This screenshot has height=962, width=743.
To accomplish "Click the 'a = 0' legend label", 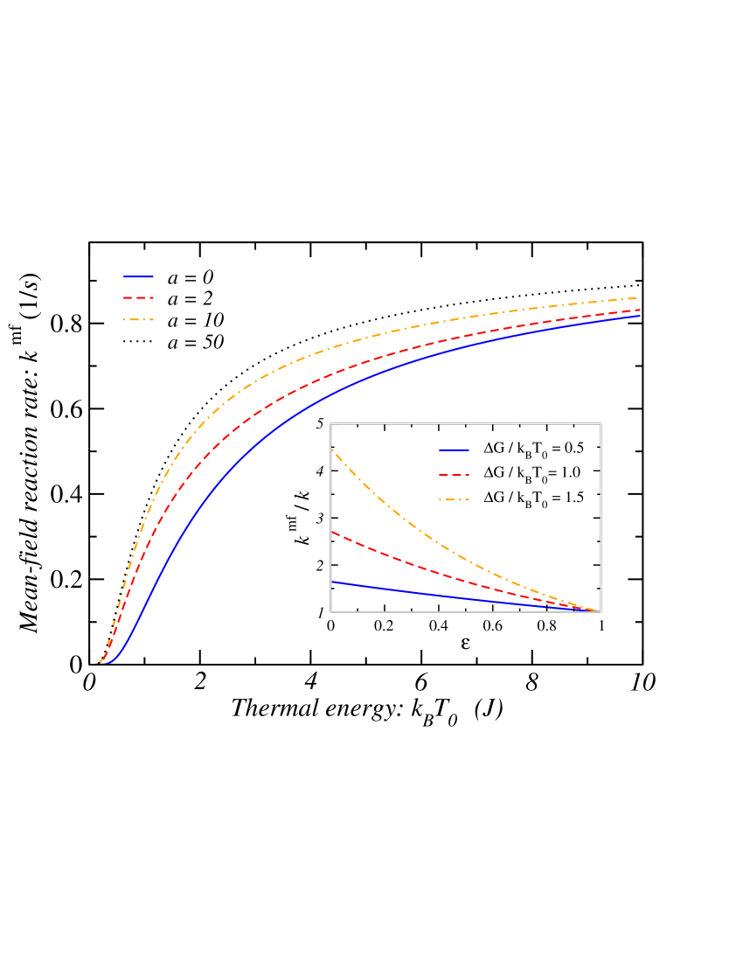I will (191, 277).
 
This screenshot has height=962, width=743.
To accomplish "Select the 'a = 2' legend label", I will (191, 299).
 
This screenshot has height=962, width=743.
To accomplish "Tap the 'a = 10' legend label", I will (195, 321).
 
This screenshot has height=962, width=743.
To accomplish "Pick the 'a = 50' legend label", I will (195, 343).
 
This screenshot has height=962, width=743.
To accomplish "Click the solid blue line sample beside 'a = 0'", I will (138, 276).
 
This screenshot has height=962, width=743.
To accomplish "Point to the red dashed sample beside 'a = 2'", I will (138, 298).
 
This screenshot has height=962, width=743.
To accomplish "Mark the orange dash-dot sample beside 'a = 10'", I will (138, 320).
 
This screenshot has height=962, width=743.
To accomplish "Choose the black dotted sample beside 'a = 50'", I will (138, 342).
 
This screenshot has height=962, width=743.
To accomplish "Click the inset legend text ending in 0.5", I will (533, 449).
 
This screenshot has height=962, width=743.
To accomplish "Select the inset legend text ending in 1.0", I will (533, 473).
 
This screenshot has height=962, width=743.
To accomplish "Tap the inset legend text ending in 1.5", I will (533, 498).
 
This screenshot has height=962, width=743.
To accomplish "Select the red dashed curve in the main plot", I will (262, 407).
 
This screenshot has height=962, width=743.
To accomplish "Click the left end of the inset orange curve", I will (332, 450).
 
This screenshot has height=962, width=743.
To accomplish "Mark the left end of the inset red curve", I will (332, 532).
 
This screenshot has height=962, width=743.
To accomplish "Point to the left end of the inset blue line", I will (332, 581).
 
